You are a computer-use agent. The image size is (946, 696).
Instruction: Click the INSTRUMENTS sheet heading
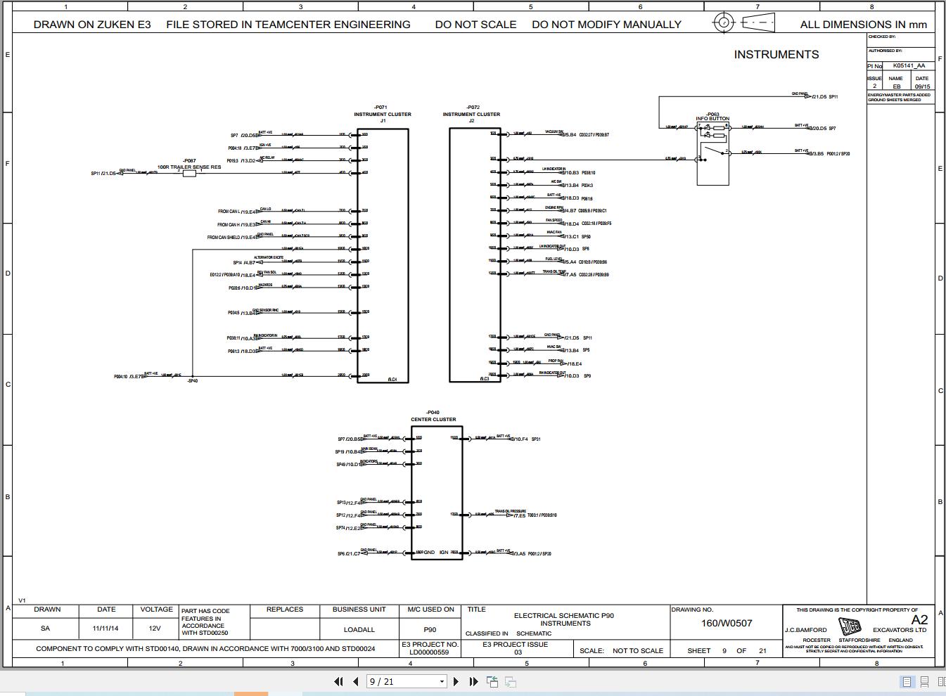click(x=776, y=55)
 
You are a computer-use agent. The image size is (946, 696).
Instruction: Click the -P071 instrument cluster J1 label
click(x=382, y=114)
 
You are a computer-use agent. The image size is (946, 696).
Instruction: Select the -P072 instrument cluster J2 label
click(x=471, y=114)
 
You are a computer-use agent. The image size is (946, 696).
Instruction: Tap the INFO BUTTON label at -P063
click(x=712, y=119)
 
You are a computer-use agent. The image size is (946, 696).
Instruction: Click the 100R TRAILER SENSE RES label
click(x=188, y=167)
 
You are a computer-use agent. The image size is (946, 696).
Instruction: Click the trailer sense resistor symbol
click(x=189, y=173)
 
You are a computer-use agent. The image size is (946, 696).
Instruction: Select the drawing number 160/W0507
click(x=727, y=623)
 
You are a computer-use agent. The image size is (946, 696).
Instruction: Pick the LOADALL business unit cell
click(x=359, y=629)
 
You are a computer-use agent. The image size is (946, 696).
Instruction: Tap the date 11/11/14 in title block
click(x=106, y=629)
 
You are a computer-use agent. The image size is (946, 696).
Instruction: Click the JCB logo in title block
click(x=850, y=626)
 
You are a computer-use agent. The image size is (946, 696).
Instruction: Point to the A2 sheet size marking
click(x=919, y=619)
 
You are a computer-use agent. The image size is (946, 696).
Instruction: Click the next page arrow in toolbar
click(x=456, y=681)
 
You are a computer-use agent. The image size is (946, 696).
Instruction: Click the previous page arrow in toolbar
click(x=355, y=681)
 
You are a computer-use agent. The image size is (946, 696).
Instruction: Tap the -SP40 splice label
click(x=192, y=381)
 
